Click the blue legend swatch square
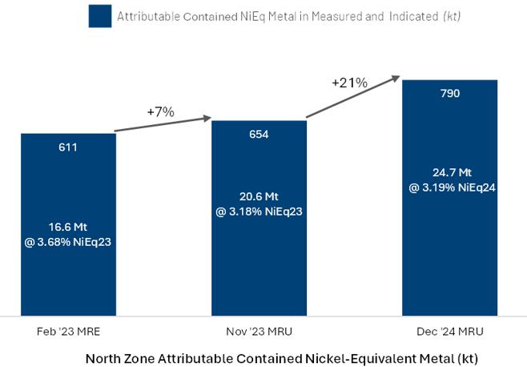[x=99, y=16]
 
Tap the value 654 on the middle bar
[x=259, y=134]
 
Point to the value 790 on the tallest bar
[x=449, y=94]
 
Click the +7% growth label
[x=160, y=112]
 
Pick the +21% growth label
[x=349, y=83]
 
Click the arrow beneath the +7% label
[x=163, y=125]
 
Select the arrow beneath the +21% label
[x=352, y=97]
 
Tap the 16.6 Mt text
[x=68, y=227]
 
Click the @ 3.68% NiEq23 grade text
[x=68, y=241]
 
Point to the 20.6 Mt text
[x=259, y=197]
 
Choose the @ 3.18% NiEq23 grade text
[x=259, y=212]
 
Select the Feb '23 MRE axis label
[x=68, y=330]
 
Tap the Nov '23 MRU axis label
[x=258, y=330]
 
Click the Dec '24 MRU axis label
[x=449, y=330]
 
